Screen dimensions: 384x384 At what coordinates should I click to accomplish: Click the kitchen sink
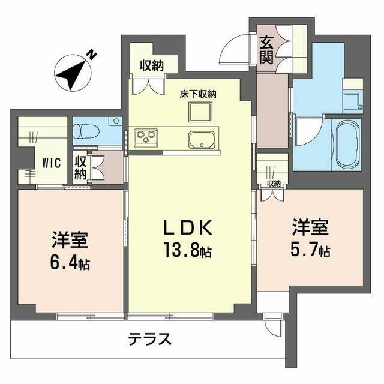click(202, 141)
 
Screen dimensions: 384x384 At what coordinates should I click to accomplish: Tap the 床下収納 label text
click(198, 94)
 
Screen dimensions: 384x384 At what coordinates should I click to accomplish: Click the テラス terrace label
click(150, 340)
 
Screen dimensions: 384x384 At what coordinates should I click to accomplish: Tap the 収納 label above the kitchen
click(152, 66)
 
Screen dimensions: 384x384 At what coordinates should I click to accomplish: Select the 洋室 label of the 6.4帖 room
click(70, 240)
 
